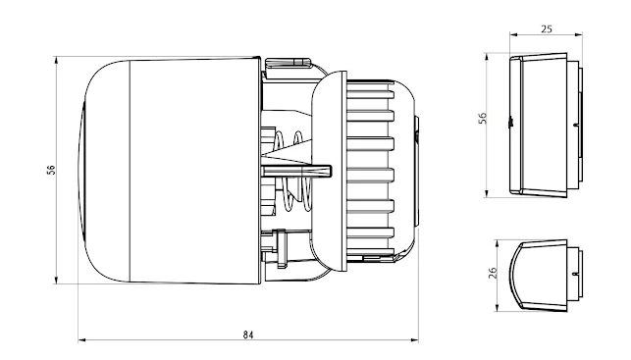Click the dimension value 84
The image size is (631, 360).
(248, 334)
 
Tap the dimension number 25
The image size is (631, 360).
(545, 28)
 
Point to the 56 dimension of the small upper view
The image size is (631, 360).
(482, 118)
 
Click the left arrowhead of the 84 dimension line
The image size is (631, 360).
(81, 340)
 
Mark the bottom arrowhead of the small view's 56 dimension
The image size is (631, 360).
(490, 192)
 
